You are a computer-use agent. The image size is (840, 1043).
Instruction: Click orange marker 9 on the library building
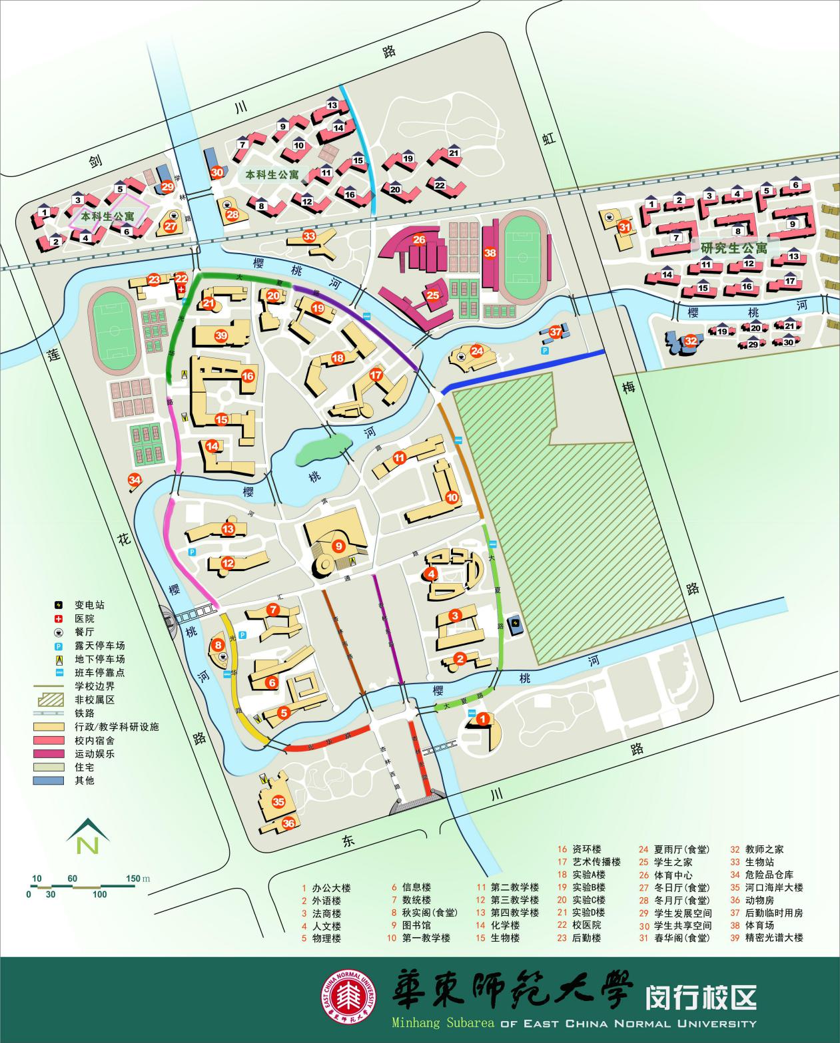[x=338, y=546]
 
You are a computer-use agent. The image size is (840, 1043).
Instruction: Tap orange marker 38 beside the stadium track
[x=490, y=253]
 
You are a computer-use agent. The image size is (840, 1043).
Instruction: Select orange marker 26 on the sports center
[x=419, y=240]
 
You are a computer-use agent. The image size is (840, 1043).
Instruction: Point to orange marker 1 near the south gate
[x=484, y=719]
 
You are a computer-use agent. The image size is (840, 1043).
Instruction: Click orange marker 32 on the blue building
[x=691, y=341]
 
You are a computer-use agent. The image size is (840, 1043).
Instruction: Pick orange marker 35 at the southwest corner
[x=278, y=802]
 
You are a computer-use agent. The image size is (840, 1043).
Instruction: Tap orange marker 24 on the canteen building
[x=477, y=351]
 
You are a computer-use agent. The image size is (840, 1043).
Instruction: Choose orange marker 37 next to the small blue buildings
[x=556, y=331]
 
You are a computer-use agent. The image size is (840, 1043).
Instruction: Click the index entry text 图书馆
[x=418, y=925]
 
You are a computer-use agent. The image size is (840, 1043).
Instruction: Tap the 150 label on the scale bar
[x=133, y=879]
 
